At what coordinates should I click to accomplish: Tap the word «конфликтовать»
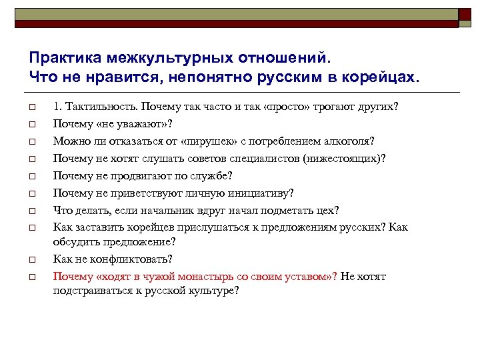(129, 259)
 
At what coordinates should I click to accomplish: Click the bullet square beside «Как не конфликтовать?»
(31, 259)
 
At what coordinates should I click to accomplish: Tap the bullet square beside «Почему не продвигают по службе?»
(31, 177)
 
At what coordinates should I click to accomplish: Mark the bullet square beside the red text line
(31, 277)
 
